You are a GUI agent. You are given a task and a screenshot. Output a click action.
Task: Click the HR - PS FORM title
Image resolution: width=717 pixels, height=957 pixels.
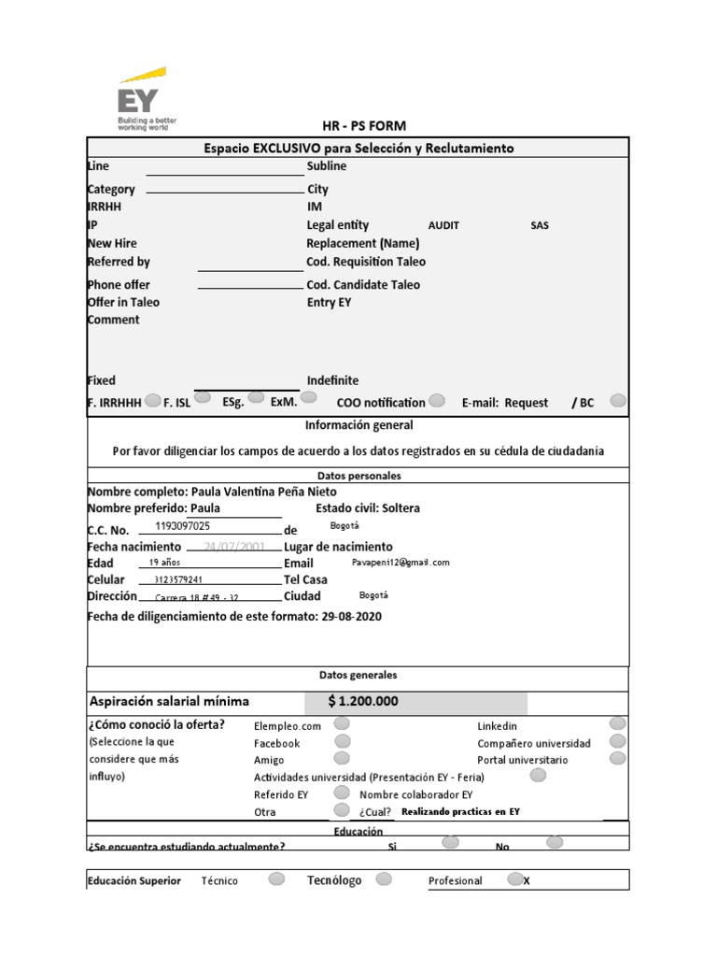coord(363,126)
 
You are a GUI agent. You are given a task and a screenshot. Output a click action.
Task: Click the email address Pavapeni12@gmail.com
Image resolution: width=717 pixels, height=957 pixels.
coord(401,563)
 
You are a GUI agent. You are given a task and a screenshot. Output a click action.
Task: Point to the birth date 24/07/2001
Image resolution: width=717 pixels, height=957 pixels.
coord(228,547)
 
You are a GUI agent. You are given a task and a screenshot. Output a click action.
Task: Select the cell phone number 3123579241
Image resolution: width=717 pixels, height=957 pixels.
coord(178,579)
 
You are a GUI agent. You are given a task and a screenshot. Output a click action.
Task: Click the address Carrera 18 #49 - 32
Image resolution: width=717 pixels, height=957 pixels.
coord(196,597)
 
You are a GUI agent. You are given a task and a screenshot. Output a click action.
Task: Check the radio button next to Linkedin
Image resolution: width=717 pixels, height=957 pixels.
coord(617,723)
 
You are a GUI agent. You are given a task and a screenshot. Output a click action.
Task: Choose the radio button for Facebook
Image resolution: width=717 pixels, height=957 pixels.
coord(342,741)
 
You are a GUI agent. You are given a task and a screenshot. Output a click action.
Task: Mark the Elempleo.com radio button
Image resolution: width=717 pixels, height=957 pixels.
coord(342,723)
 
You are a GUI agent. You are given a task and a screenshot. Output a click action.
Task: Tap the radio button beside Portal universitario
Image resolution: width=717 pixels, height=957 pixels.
coord(617,758)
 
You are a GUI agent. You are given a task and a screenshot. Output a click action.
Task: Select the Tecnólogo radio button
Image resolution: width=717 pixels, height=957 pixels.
coord(384,878)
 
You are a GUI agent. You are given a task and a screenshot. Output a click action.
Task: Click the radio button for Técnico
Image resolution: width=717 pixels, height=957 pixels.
coord(276,878)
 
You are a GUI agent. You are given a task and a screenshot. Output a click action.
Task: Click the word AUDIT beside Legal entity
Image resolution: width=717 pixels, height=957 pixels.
coord(443,226)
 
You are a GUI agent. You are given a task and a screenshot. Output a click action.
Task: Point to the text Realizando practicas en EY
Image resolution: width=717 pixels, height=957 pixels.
coord(459,812)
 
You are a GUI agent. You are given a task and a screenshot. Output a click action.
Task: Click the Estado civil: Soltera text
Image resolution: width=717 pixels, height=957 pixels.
coord(368,508)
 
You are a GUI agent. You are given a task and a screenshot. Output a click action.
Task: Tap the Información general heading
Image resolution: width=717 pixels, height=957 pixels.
coord(358,425)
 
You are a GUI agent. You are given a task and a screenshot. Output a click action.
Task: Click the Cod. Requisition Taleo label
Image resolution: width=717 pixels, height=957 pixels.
coord(366,263)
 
